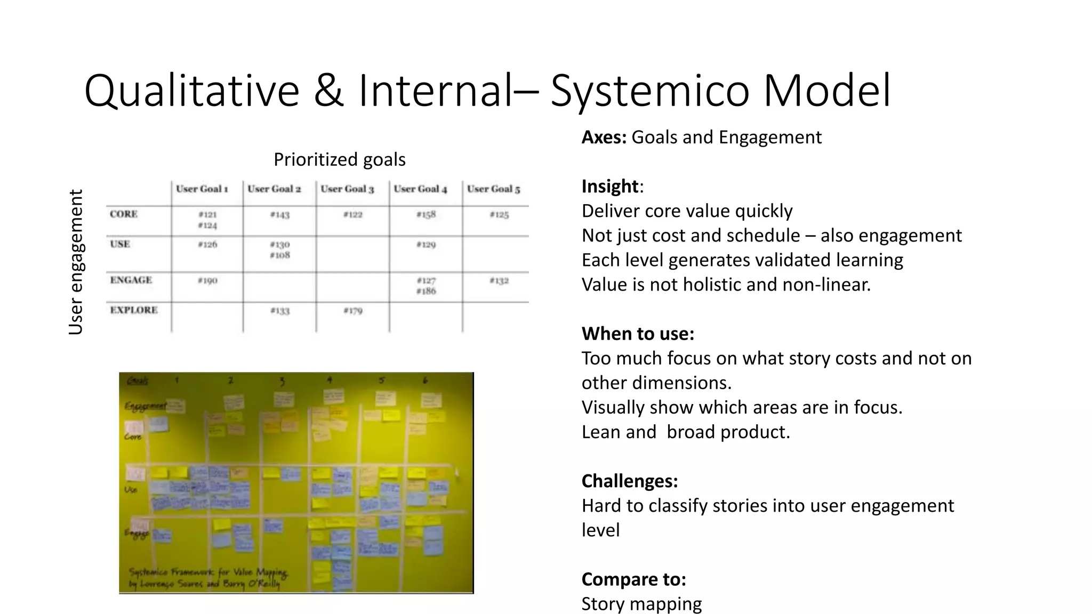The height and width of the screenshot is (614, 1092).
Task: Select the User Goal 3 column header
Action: tap(347, 189)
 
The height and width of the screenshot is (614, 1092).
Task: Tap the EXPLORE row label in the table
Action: tap(134, 310)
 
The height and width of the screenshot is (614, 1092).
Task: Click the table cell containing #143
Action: tap(279, 215)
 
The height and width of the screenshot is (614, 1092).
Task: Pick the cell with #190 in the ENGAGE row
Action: tap(207, 280)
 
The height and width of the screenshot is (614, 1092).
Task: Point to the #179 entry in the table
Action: tap(352, 311)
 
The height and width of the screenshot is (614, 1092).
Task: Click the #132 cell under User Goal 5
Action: tap(499, 280)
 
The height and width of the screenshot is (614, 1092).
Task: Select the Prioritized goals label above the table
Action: tap(339, 159)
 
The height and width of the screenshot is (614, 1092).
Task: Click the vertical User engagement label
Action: tap(76, 262)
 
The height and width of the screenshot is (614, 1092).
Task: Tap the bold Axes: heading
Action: tap(604, 138)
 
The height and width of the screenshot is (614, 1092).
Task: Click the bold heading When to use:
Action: tap(638, 334)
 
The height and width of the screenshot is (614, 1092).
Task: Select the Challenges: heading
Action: tap(629, 481)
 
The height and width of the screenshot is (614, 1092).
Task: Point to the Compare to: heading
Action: tap(633, 579)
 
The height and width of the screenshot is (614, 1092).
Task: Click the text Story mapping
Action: tap(641, 604)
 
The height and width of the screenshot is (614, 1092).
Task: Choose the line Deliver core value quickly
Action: tap(687, 211)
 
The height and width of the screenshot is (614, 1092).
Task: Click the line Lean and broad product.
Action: tap(685, 432)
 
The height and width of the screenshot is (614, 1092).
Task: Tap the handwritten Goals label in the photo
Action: tap(137, 381)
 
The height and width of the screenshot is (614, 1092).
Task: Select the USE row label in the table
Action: tap(120, 244)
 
